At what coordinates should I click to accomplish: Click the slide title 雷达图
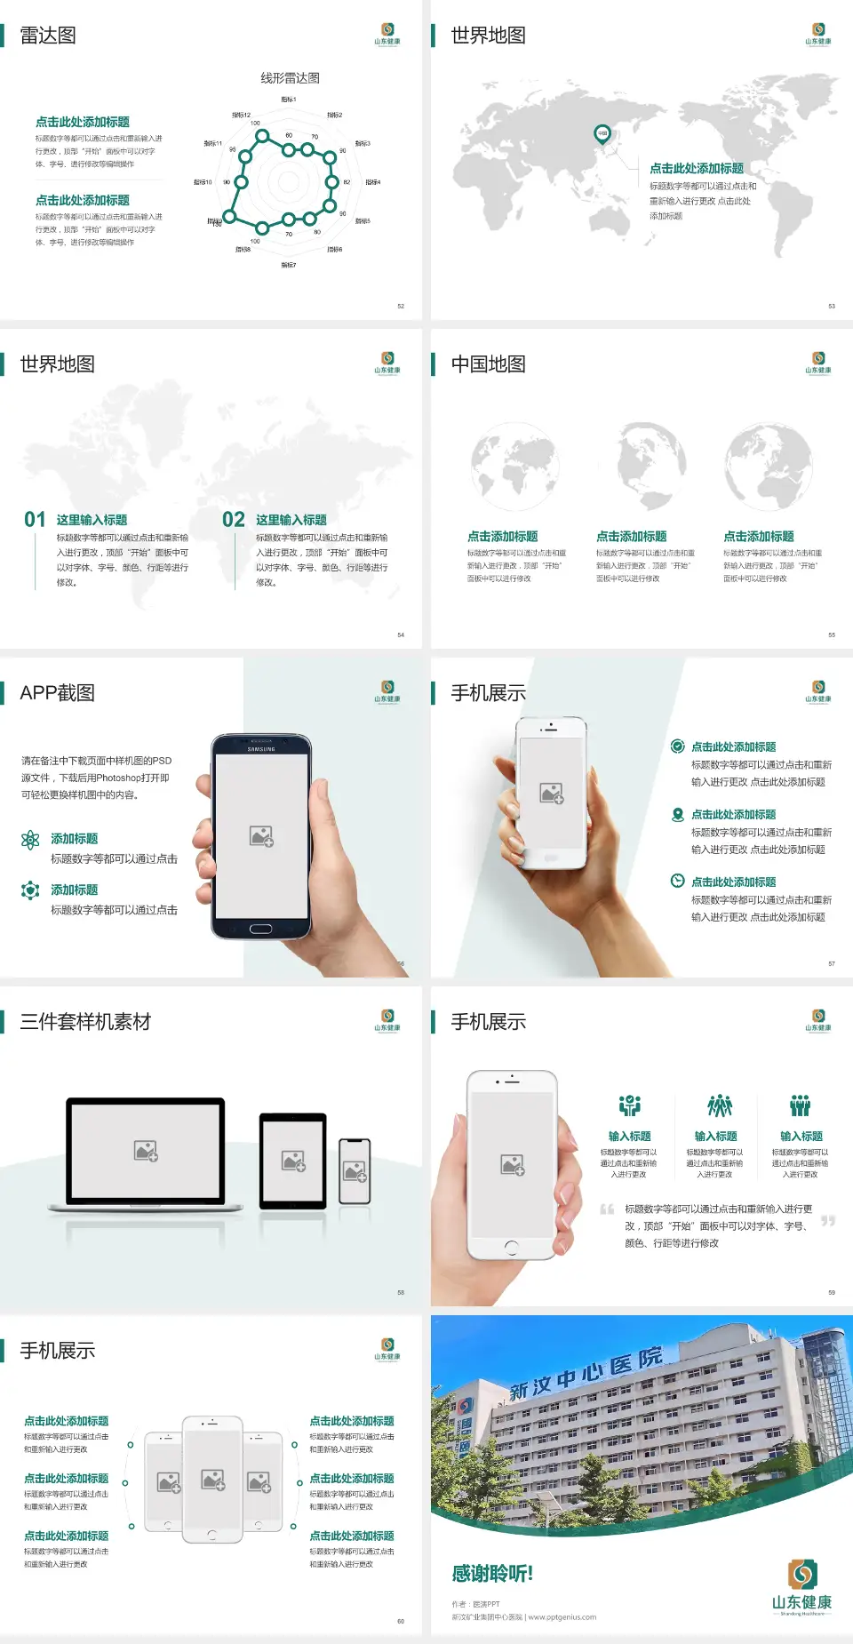coord(48,36)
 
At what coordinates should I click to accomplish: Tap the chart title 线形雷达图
coord(290,78)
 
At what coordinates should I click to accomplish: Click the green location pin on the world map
coord(602,134)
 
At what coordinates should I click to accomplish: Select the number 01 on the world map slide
coord(35,520)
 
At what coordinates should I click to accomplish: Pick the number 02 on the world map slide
coord(234,520)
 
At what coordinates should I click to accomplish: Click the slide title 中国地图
coord(488,364)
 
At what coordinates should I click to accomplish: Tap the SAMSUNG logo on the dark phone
coord(261,749)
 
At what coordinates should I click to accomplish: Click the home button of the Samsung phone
coord(260,929)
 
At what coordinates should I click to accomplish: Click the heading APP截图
coord(57,693)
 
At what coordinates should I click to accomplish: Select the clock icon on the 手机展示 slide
coord(677,881)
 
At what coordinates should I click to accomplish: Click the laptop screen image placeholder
coord(146,1151)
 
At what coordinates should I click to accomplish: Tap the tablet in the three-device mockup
coord(293,1160)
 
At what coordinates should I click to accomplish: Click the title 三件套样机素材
coord(85,1022)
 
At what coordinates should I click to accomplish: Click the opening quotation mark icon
coord(607,1209)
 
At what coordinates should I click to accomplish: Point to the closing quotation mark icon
coord(828,1221)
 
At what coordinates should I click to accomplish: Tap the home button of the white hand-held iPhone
coord(511,1248)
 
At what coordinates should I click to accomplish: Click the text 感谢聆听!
coord(492,1574)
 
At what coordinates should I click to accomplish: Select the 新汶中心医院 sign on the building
coord(586,1372)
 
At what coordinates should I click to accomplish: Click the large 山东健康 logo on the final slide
coord(801,1587)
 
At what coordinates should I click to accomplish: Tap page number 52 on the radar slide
coord(401,306)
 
